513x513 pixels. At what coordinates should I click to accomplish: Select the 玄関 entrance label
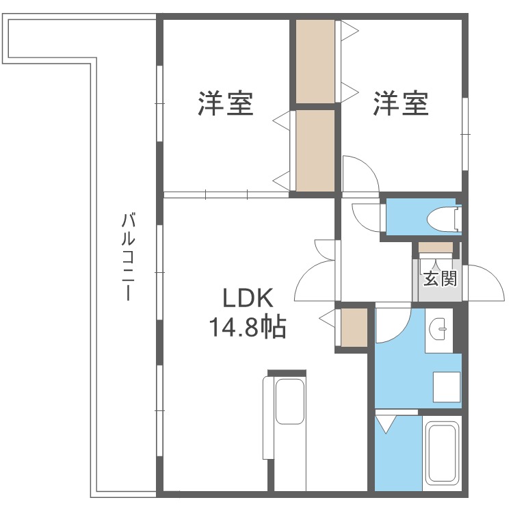[438, 278]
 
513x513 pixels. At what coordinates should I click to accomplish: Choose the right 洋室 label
[401, 103]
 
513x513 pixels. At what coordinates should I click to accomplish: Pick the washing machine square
[444, 386]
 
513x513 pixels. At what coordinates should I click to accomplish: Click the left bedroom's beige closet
[315, 149]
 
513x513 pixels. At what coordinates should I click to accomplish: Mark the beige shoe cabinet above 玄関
[436, 247]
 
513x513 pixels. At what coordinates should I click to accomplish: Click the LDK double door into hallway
[318, 274]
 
